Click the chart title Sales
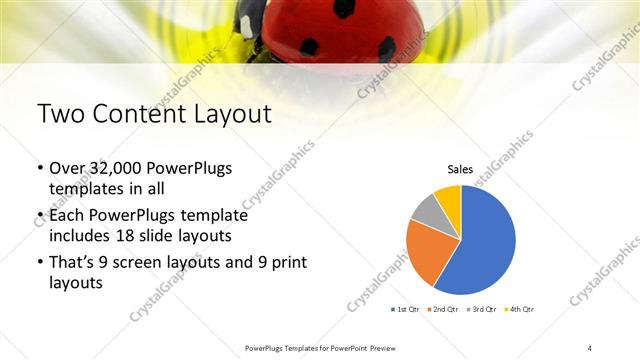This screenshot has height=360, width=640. click(460, 171)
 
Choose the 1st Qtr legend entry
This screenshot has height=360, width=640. click(406, 309)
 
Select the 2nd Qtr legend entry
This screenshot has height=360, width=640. click(446, 309)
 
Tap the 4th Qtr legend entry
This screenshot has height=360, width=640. click(522, 309)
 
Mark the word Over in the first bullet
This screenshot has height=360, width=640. click(67, 168)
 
